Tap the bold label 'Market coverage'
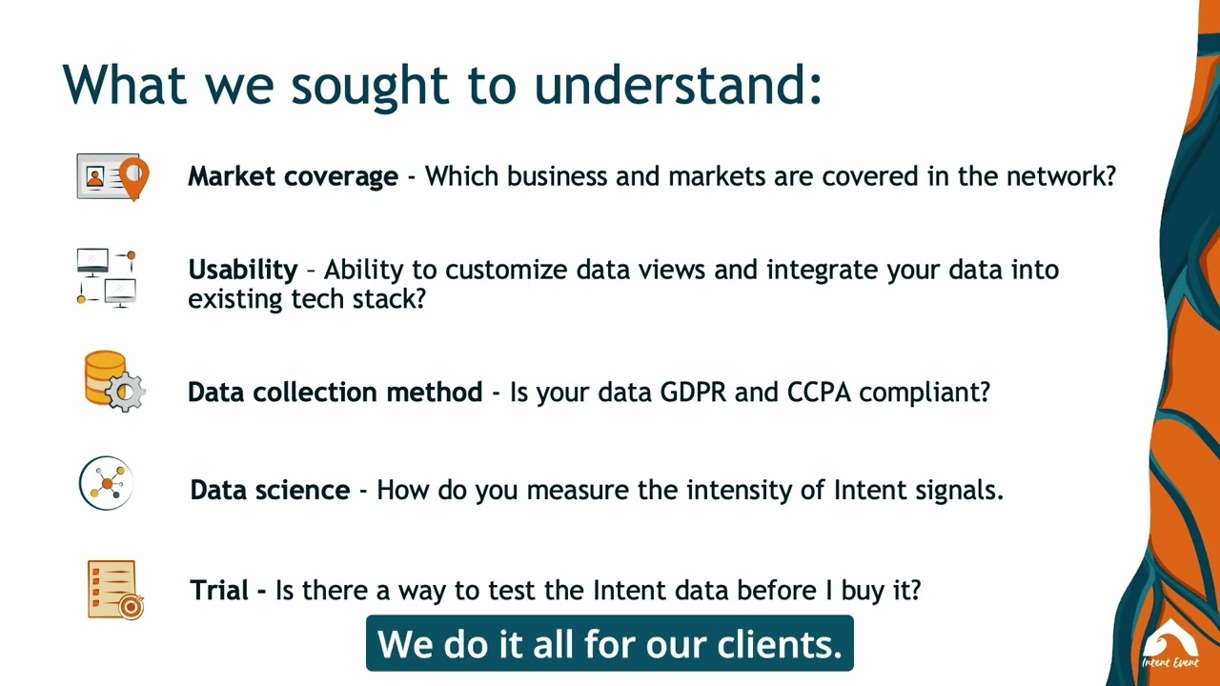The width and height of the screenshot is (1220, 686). pyautogui.click(x=293, y=176)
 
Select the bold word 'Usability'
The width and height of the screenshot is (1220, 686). pyautogui.click(x=242, y=270)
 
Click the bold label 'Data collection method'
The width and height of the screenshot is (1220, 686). pyautogui.click(x=335, y=392)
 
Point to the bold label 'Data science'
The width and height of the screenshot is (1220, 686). pyautogui.click(x=270, y=490)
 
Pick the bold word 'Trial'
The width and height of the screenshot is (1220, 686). pyautogui.click(x=220, y=590)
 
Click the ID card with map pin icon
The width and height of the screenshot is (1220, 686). pyautogui.click(x=112, y=177)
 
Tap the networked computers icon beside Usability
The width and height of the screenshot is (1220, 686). pyautogui.click(x=107, y=278)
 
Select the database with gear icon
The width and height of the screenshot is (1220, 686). pyautogui.click(x=113, y=381)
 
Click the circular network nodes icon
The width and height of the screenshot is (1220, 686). pyautogui.click(x=107, y=484)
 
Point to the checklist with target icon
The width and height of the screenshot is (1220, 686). pyautogui.click(x=114, y=590)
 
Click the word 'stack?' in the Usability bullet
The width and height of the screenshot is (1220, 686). pyautogui.click(x=388, y=298)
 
